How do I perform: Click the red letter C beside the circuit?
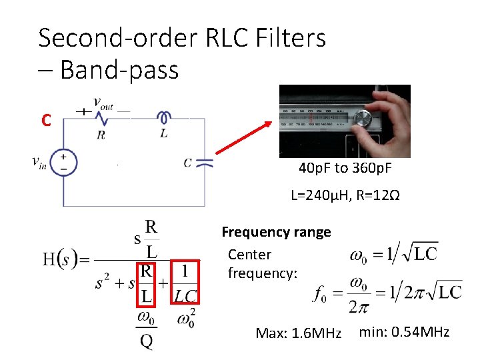tap(45, 121)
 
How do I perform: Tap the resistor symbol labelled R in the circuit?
tap(101, 119)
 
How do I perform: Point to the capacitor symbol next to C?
tap(203, 161)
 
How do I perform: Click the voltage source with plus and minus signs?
tap(64, 163)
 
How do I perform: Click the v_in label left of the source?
tap(39, 163)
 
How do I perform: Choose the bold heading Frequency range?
tap(276, 232)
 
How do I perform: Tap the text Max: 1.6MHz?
tap(298, 333)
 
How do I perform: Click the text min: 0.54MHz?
tap(404, 332)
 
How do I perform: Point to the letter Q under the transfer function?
tap(146, 341)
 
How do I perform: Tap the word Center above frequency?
tap(249, 255)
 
